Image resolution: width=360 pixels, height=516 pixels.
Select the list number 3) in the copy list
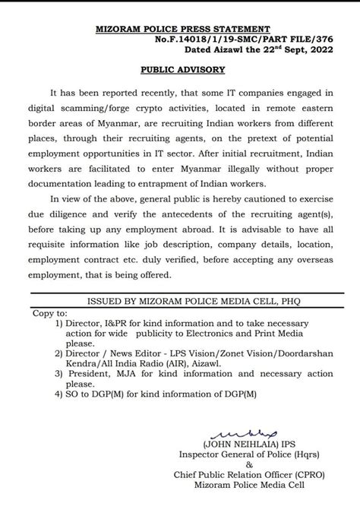(62, 373)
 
